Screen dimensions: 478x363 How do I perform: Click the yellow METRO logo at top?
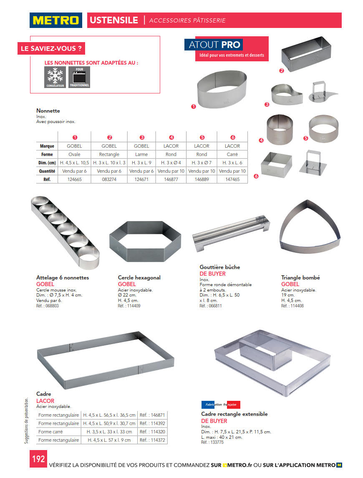(x=56, y=20)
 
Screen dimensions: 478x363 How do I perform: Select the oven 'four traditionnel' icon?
(x=79, y=77)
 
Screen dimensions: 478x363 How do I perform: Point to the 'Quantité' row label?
(x=47, y=171)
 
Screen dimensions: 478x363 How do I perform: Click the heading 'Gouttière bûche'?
(x=219, y=267)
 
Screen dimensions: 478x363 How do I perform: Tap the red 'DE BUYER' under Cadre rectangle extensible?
(x=214, y=421)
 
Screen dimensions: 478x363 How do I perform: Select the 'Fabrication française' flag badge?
(x=221, y=405)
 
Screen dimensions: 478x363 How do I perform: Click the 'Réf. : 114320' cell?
(x=152, y=432)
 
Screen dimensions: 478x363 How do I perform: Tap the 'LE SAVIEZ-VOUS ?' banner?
(x=51, y=48)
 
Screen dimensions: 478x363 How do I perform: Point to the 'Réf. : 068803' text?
(x=48, y=306)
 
